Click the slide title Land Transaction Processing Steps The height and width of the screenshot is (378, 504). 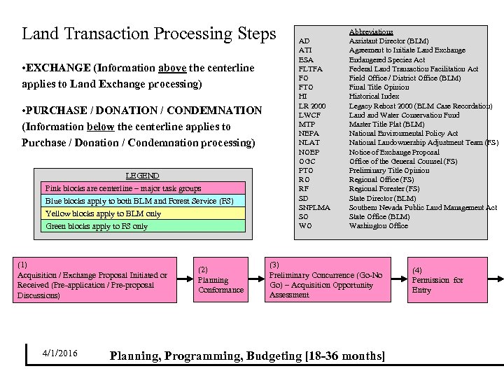tap(149, 34)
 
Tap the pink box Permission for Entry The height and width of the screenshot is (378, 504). tap(447, 279)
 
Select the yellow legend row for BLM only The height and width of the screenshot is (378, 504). tap(144, 213)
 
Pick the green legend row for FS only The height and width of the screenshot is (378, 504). tap(144, 226)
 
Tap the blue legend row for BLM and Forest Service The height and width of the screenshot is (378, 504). tap(144, 201)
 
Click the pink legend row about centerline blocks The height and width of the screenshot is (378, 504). tap(144, 188)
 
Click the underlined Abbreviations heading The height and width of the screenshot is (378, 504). tap(371, 32)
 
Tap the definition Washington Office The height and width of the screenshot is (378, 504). tap(379, 226)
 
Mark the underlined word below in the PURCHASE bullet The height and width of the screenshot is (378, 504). tap(101, 127)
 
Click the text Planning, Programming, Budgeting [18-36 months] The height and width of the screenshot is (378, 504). tap(247, 356)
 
